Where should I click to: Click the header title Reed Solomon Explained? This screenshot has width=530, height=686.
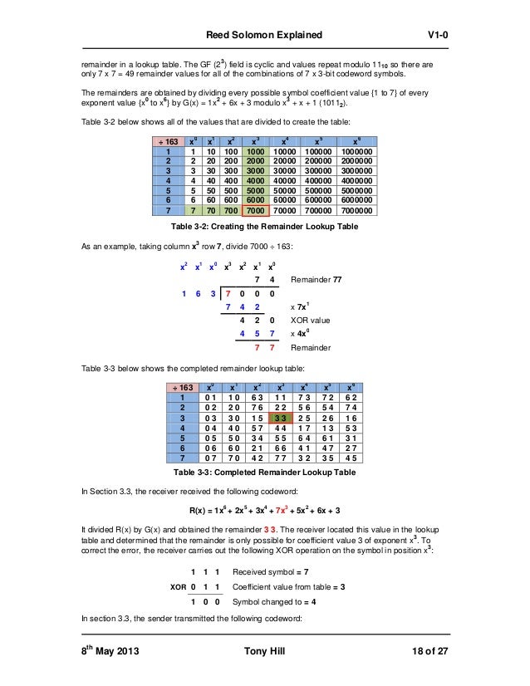coord(263,34)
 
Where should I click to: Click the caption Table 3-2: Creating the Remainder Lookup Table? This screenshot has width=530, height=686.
coord(264,226)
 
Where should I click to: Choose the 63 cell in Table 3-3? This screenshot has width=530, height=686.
coord(245,397)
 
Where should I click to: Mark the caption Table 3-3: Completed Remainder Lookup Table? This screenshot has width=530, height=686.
coord(264,473)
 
